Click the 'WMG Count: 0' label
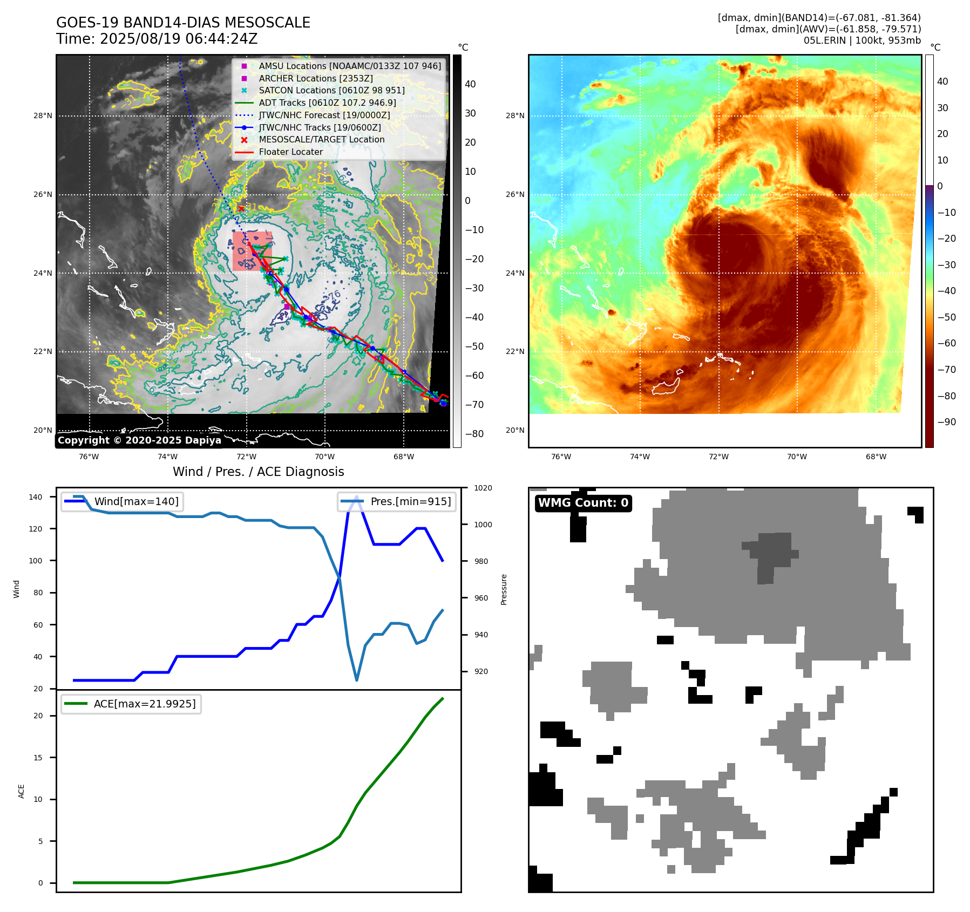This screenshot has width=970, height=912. tap(583, 503)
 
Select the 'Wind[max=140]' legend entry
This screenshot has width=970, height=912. tap(136, 501)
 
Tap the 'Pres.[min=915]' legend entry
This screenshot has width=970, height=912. tap(410, 501)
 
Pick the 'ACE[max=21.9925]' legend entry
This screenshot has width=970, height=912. tap(144, 704)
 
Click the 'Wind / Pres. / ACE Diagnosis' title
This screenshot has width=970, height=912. tap(258, 472)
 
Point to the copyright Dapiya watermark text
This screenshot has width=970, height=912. tap(139, 440)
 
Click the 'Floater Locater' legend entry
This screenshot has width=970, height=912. tap(290, 152)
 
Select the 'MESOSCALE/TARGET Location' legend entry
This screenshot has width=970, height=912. tap(321, 139)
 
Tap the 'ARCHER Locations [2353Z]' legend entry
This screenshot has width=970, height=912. tap(315, 78)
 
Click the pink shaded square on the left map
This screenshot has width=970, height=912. tap(252, 251)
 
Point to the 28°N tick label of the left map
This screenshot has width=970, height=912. tap(43, 115)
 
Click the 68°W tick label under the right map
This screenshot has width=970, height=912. tap(876, 457)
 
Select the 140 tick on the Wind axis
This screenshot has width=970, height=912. tap(36, 497)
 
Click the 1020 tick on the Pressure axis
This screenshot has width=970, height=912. tap(483, 488)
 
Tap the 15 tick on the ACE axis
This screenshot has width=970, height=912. tap(38, 758)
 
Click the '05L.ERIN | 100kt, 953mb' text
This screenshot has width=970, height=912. tap(862, 40)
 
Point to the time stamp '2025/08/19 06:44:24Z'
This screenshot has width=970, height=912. tap(179, 39)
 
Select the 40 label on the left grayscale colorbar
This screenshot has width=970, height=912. tap(470, 84)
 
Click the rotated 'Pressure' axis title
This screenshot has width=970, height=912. tap(504, 589)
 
